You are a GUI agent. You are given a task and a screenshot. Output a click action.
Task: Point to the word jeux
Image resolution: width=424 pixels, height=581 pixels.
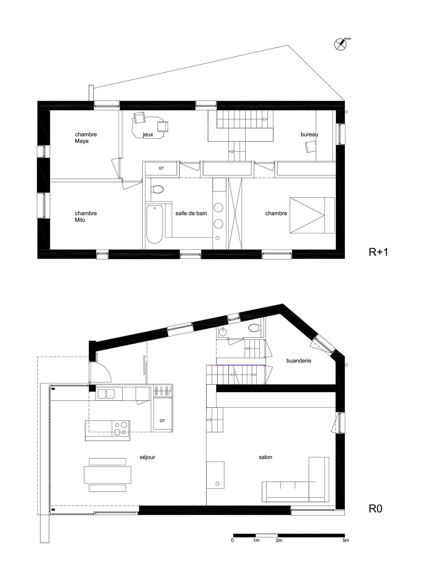148,135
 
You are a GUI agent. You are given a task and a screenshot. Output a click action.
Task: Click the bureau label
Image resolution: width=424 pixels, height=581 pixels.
309,134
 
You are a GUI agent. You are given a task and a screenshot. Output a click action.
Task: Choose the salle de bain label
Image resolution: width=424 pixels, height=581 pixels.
191,213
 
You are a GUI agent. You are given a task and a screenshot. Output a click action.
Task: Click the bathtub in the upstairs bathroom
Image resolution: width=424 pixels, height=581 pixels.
154,223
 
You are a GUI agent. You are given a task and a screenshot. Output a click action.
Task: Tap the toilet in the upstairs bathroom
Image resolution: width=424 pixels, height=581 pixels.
157,189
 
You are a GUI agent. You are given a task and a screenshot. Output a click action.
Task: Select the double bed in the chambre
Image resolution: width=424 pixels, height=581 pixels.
312,215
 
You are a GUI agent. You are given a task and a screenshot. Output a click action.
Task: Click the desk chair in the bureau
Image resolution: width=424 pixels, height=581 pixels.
311,147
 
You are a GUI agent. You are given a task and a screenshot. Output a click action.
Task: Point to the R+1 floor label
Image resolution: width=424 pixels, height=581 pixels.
378,252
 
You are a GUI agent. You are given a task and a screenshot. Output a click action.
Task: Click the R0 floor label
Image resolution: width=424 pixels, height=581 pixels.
375,509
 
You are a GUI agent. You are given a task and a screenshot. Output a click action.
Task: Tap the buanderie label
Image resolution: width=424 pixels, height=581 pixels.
299,361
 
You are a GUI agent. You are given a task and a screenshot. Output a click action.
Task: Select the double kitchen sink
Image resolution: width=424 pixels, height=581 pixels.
106,394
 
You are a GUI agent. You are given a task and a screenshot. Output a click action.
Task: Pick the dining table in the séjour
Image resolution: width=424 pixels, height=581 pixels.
107,475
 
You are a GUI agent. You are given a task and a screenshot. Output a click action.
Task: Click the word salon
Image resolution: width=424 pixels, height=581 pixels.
265,457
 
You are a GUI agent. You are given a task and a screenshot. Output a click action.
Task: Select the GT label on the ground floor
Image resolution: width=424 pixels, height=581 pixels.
162,421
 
